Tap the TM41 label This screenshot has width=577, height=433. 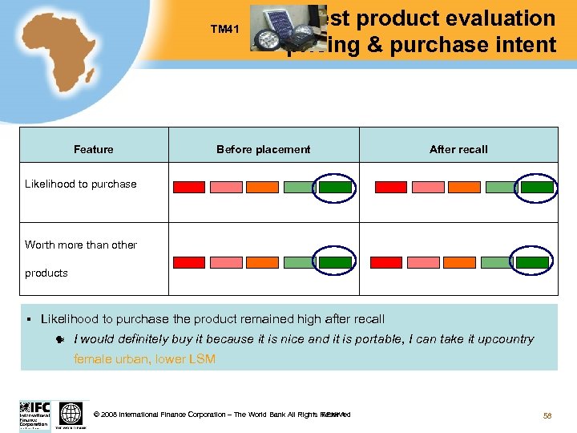[x=225, y=30]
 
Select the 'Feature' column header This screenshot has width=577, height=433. [x=94, y=149]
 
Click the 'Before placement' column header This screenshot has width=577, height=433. [x=263, y=149]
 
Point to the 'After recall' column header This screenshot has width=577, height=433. [x=458, y=149]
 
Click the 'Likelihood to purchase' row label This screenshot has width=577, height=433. [x=81, y=184]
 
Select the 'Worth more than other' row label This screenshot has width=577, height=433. [x=81, y=245]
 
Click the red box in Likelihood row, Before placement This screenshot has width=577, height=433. [x=190, y=187]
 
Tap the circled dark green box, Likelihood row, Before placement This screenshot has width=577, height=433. [x=335, y=187]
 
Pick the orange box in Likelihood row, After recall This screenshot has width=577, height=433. [x=464, y=187]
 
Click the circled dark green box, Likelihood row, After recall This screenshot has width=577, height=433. [x=537, y=187]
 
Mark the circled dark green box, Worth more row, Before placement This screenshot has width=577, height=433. [x=335, y=262]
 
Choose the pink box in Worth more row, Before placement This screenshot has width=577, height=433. [x=226, y=262]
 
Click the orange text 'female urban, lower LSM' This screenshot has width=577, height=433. [x=144, y=359]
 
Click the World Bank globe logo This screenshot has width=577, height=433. [x=71, y=415]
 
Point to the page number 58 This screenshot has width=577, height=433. [x=548, y=415]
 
